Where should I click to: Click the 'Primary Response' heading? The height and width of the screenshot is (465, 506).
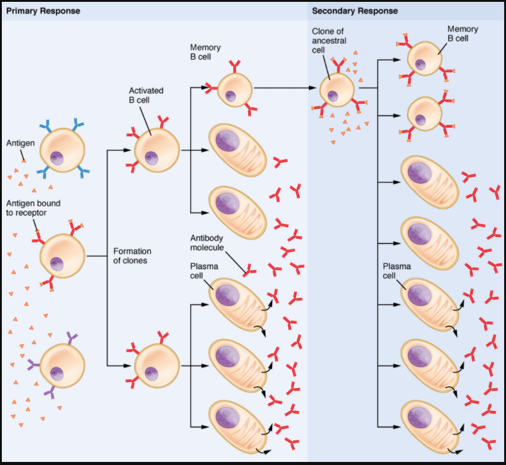42,11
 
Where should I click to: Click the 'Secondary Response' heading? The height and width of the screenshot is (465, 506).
354,11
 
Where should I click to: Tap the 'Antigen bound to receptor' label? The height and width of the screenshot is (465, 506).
33,207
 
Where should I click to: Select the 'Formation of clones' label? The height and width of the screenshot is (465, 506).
132,256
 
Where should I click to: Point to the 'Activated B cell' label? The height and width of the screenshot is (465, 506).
146,95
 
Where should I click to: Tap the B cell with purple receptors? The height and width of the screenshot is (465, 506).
62,365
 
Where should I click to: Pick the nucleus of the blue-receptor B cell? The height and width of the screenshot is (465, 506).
58,158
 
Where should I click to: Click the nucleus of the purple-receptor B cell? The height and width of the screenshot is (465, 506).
57,373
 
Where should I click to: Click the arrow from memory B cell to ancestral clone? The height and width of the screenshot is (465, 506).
282,88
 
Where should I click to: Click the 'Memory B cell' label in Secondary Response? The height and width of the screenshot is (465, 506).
462,34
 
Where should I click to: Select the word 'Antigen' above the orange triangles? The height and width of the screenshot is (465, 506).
20,143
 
